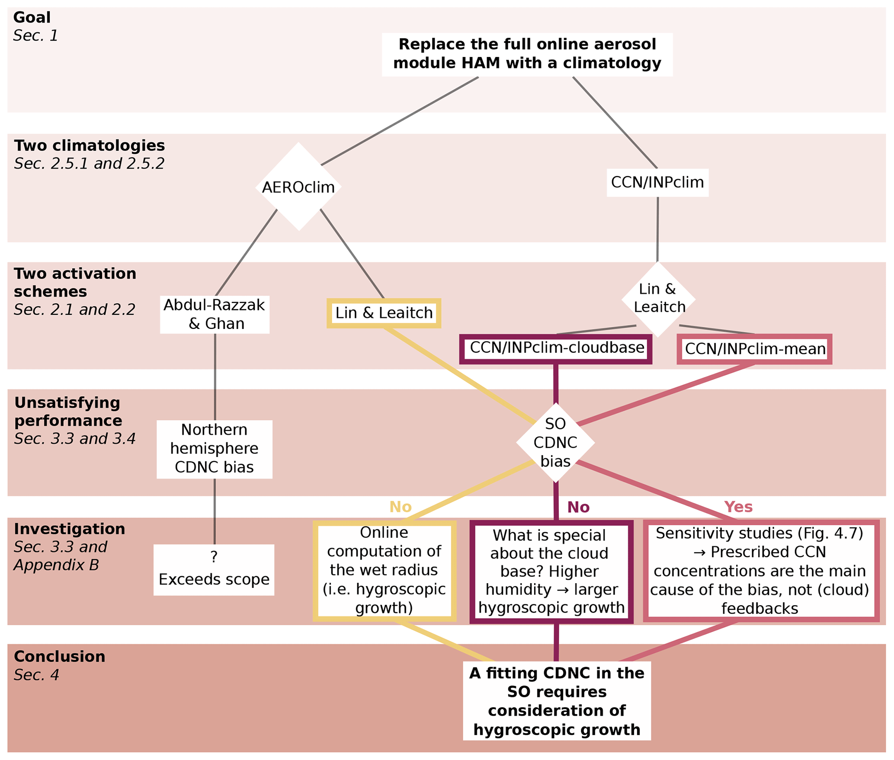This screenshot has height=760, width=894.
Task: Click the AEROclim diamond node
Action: click(x=298, y=187)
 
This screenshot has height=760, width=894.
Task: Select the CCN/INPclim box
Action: click(x=657, y=182)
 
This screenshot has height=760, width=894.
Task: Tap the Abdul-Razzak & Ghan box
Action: click(x=215, y=314)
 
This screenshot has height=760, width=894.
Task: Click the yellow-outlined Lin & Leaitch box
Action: click(x=384, y=313)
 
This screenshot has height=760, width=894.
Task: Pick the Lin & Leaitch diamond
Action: click(x=658, y=299)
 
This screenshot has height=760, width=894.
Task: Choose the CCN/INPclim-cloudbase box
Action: click(x=555, y=348)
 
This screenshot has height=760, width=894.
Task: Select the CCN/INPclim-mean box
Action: click(x=754, y=349)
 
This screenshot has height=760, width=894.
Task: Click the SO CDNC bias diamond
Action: click(x=555, y=442)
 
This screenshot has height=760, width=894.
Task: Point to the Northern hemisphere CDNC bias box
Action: click(x=214, y=449)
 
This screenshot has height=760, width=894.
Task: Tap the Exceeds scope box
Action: click(x=214, y=569)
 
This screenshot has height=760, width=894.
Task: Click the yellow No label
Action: click(x=400, y=507)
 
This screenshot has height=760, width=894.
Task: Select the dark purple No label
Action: click(x=578, y=507)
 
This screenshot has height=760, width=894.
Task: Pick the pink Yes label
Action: click(x=738, y=507)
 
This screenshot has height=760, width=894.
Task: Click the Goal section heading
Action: click(x=32, y=17)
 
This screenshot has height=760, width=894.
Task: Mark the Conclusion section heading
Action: click(x=59, y=656)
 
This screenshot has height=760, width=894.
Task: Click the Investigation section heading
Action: click(x=69, y=529)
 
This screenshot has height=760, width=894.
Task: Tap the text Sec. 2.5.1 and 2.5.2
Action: click(x=89, y=163)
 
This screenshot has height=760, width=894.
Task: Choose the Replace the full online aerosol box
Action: click(x=527, y=54)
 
